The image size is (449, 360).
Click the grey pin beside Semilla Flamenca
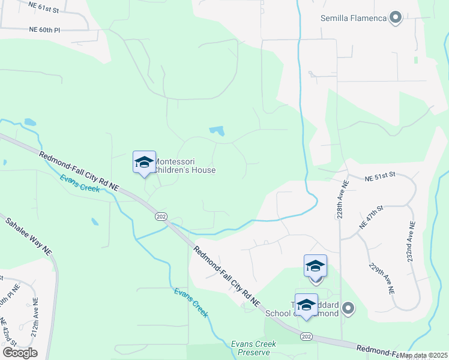click(395, 18)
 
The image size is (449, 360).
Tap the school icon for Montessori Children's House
click(144, 162)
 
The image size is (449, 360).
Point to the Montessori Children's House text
click(185, 166)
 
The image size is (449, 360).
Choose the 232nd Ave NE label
click(412, 242)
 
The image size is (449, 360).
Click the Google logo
click(20, 353)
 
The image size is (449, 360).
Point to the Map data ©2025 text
click(423, 355)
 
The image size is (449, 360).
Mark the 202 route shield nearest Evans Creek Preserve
click(307, 335)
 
